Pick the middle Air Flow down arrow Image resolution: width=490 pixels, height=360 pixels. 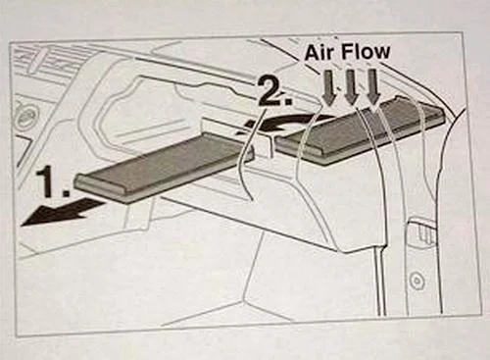pyautogui.click(x=351, y=89)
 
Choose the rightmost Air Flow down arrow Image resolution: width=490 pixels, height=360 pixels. pyautogui.click(x=373, y=89)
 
